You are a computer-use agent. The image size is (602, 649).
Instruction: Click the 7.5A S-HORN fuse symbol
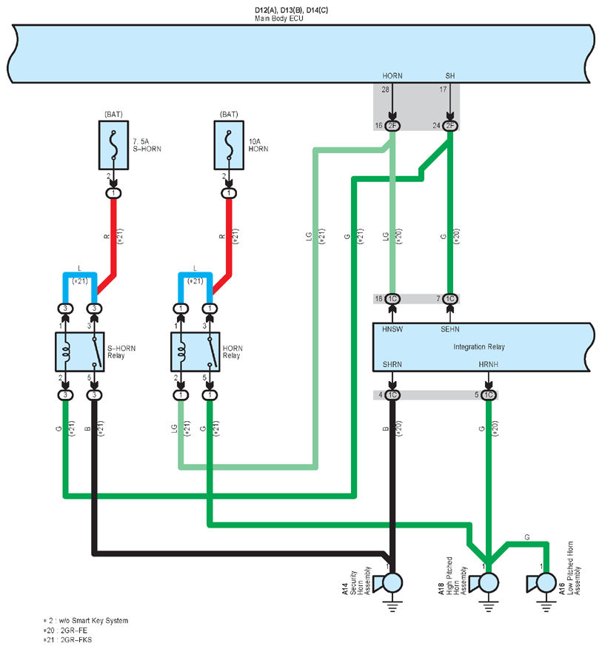click(113, 145)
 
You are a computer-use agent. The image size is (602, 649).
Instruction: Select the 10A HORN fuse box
click(229, 145)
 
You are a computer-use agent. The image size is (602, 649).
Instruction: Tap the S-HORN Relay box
click(79, 352)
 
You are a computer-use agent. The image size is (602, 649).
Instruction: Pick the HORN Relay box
click(195, 352)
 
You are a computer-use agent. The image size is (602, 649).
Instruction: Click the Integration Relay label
click(479, 347)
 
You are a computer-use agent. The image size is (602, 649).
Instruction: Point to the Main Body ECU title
click(279, 19)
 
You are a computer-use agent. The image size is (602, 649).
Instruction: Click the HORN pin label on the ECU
click(392, 75)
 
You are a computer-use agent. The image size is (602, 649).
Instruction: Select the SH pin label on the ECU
click(450, 75)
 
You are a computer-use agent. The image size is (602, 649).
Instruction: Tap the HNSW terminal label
click(392, 329)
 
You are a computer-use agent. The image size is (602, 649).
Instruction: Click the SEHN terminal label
click(450, 329)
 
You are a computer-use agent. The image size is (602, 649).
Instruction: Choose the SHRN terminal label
click(392, 364)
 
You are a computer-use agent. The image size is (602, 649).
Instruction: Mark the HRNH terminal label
click(488, 364)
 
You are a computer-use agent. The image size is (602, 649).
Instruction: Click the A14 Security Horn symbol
click(388, 583)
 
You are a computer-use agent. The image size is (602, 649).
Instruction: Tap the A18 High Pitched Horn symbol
click(484, 583)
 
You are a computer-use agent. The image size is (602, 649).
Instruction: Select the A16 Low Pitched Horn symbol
click(541, 583)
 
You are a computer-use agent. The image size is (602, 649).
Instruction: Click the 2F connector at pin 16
click(392, 125)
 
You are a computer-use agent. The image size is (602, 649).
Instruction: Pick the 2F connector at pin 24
click(450, 125)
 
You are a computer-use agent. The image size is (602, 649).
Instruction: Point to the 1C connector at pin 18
click(392, 298)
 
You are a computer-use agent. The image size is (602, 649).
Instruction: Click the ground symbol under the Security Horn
click(392, 605)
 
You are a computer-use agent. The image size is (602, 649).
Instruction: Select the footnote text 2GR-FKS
click(76, 640)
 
